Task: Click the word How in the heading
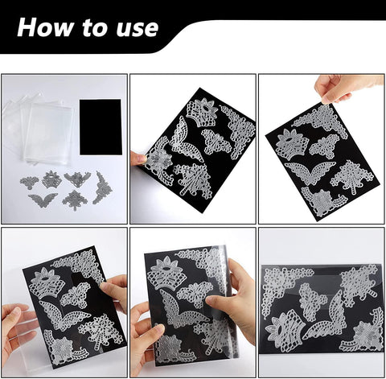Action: [x=45, y=27]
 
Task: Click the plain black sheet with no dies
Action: [x=101, y=127]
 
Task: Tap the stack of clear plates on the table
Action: [x=40, y=129]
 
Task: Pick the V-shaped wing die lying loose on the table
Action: [x=43, y=200]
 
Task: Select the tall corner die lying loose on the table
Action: [x=102, y=188]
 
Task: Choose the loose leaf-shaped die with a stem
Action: [x=75, y=200]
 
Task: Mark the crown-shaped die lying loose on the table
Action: [x=51, y=179]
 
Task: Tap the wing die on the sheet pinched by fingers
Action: [x=309, y=171]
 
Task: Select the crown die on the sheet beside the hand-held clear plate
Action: [x=47, y=283]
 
